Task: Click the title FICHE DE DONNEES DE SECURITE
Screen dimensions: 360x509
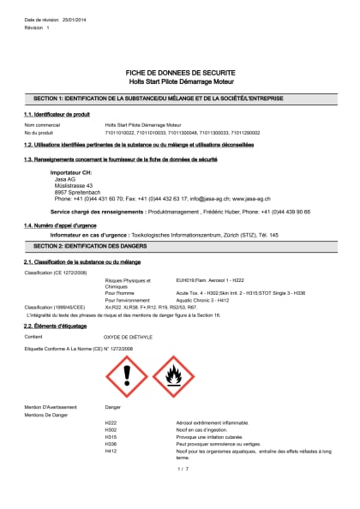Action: coord(180,73)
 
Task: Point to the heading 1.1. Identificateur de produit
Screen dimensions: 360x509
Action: coord(57,114)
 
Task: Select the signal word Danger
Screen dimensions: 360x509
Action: coord(112,407)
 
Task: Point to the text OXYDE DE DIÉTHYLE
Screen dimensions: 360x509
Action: coord(129,337)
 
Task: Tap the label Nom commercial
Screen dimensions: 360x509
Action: coord(43,125)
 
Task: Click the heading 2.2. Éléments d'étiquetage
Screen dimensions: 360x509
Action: coord(55,326)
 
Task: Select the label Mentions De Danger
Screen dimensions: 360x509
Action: coord(47,414)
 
